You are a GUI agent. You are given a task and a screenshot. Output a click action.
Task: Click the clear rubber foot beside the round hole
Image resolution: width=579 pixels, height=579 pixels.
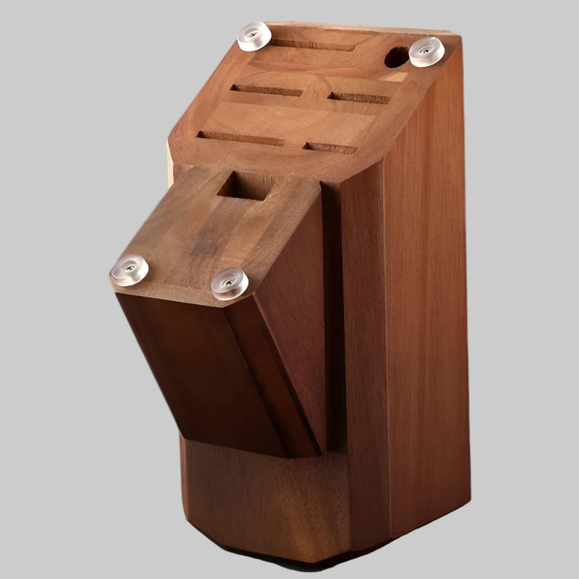pyautogui.click(x=426, y=51)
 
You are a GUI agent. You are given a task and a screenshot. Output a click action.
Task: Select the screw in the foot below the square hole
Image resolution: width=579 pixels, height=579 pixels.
pyautogui.click(x=230, y=283)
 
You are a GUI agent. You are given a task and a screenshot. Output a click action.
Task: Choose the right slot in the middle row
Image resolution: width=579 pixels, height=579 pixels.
pyautogui.click(x=359, y=98)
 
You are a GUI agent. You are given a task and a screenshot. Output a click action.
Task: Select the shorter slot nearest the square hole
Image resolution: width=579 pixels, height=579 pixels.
pyautogui.click(x=330, y=148)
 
